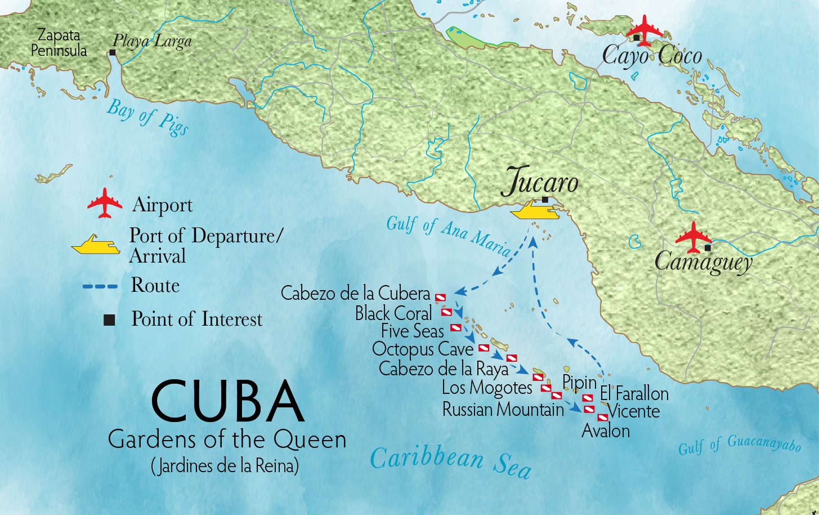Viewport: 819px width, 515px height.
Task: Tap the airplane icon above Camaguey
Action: [693, 237]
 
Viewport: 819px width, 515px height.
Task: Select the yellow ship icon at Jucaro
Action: [535, 210]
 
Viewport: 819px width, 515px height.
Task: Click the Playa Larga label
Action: [152, 41]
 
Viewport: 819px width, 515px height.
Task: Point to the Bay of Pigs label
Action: [148, 117]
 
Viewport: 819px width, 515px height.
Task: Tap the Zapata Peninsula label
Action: [59, 43]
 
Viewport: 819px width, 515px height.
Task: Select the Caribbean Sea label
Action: [450, 461]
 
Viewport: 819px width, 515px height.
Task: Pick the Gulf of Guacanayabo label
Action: [739, 445]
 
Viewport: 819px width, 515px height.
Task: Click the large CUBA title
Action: [227, 402]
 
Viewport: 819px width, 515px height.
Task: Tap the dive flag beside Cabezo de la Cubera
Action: [440, 297]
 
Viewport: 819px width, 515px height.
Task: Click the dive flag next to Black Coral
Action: [446, 312]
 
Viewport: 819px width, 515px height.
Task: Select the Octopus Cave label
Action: [423, 349]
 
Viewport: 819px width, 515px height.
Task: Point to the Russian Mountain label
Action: [503, 409]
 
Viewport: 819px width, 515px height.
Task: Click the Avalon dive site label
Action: [606, 431]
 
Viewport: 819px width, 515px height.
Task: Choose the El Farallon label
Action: [634, 393]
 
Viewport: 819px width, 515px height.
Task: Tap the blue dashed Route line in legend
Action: [100, 286]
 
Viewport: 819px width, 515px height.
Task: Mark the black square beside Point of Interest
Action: [109, 320]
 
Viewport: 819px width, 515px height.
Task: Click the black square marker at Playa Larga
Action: [113, 52]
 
